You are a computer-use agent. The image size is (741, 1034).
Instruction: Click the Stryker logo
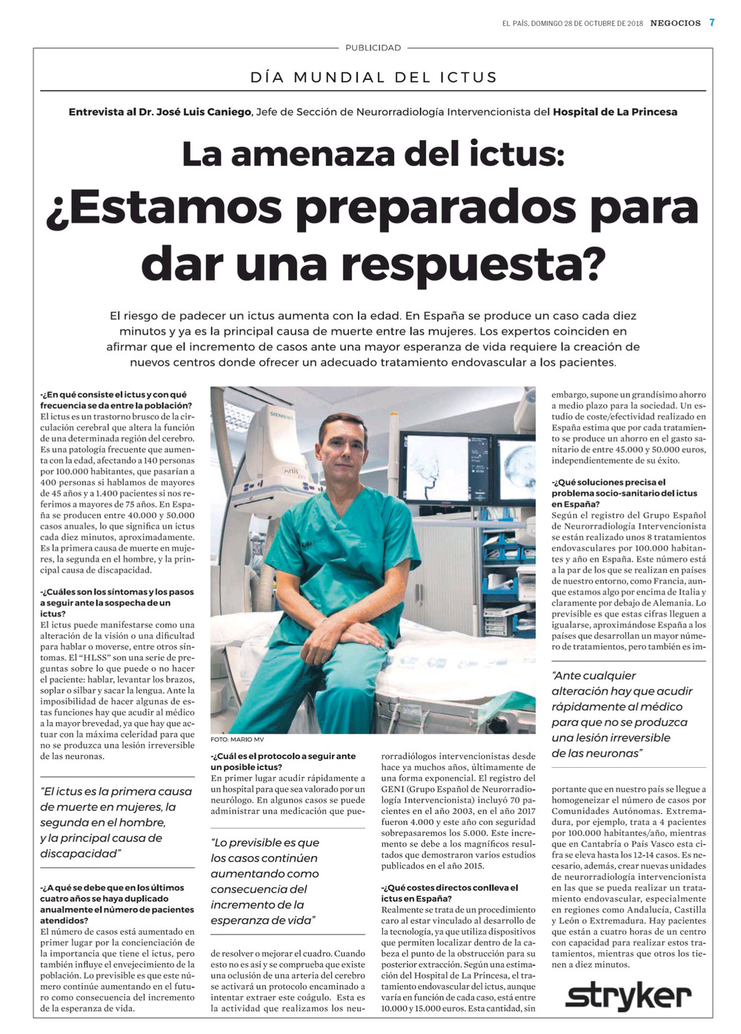click(x=628, y=998)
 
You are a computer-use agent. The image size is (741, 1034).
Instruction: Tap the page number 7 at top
click(x=712, y=22)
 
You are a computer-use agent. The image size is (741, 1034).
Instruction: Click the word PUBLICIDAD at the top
click(x=373, y=47)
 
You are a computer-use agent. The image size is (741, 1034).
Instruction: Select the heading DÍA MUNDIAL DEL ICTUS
click(x=373, y=77)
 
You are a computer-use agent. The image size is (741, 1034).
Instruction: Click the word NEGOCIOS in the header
click(x=675, y=23)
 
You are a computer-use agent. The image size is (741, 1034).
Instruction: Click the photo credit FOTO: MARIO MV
click(x=237, y=740)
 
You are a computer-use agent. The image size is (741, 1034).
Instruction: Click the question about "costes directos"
click(x=450, y=893)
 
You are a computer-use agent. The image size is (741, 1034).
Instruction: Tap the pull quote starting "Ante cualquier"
click(x=622, y=715)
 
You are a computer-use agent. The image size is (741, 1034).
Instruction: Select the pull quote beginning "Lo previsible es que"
click(x=265, y=881)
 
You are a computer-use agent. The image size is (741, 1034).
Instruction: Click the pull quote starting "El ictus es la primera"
click(x=116, y=823)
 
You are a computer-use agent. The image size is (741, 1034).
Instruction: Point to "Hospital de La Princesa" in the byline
click(x=615, y=112)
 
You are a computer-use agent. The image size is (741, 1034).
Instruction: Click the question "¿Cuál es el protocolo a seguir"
click(x=283, y=761)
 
